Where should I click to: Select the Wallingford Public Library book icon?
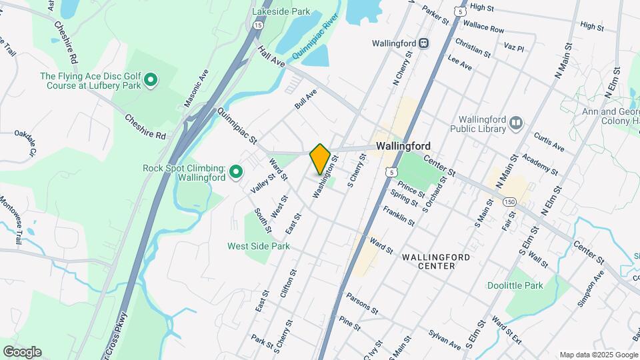tap(515, 123)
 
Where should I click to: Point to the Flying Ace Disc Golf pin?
tap(151, 81)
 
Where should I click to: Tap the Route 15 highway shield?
tap(258, 25)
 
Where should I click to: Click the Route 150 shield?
tap(510, 201)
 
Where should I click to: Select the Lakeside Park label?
tap(281, 11)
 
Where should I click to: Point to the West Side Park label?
tap(259, 246)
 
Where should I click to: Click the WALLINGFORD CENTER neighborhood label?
tap(436, 261)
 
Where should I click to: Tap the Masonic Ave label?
tap(197, 88)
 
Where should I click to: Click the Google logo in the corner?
tap(22, 352)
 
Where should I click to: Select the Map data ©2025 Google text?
tap(599, 355)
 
